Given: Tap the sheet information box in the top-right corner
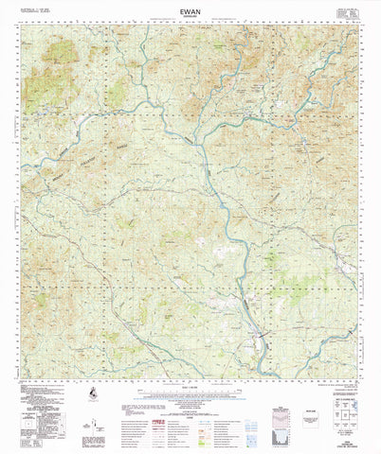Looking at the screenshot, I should click(350, 11).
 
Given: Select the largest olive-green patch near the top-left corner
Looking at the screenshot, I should click(43, 85).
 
